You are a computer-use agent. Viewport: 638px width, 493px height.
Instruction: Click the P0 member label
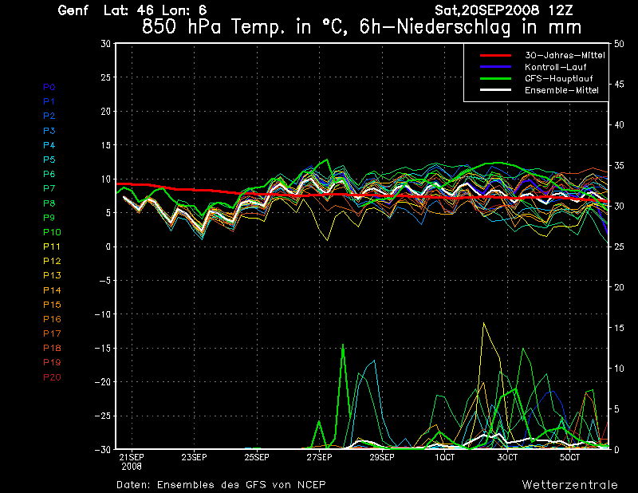tap(49, 87)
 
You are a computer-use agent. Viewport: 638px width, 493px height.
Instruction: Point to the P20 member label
tap(52, 377)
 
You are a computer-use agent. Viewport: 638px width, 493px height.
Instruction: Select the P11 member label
tap(52, 246)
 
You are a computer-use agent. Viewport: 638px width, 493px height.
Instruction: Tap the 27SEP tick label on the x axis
tap(319, 457)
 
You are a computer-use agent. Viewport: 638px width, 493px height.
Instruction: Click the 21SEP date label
tap(131, 457)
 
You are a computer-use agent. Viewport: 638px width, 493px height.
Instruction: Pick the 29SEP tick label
tap(381, 457)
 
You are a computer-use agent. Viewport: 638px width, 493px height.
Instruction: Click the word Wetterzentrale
tap(569, 484)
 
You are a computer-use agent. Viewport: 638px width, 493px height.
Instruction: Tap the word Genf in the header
tap(74, 10)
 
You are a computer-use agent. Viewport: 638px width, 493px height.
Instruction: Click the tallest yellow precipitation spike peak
tap(483, 323)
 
